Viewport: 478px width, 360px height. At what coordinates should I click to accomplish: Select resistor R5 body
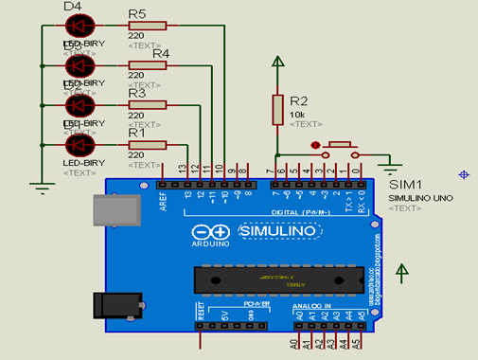[x=148, y=26]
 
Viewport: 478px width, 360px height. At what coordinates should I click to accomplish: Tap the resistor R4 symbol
[x=148, y=65]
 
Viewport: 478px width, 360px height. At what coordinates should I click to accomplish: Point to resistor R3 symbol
[x=148, y=104]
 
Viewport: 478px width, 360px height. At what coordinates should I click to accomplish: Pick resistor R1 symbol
[x=148, y=144]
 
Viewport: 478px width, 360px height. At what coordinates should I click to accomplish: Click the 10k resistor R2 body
[x=277, y=107]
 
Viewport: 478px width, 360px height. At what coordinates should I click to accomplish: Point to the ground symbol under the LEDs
[x=43, y=186]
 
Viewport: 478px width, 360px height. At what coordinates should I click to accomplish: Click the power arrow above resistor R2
[x=277, y=63]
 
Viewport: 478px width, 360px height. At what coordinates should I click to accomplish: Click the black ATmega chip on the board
[x=280, y=279]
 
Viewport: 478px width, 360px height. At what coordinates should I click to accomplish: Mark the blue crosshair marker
[x=463, y=174]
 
